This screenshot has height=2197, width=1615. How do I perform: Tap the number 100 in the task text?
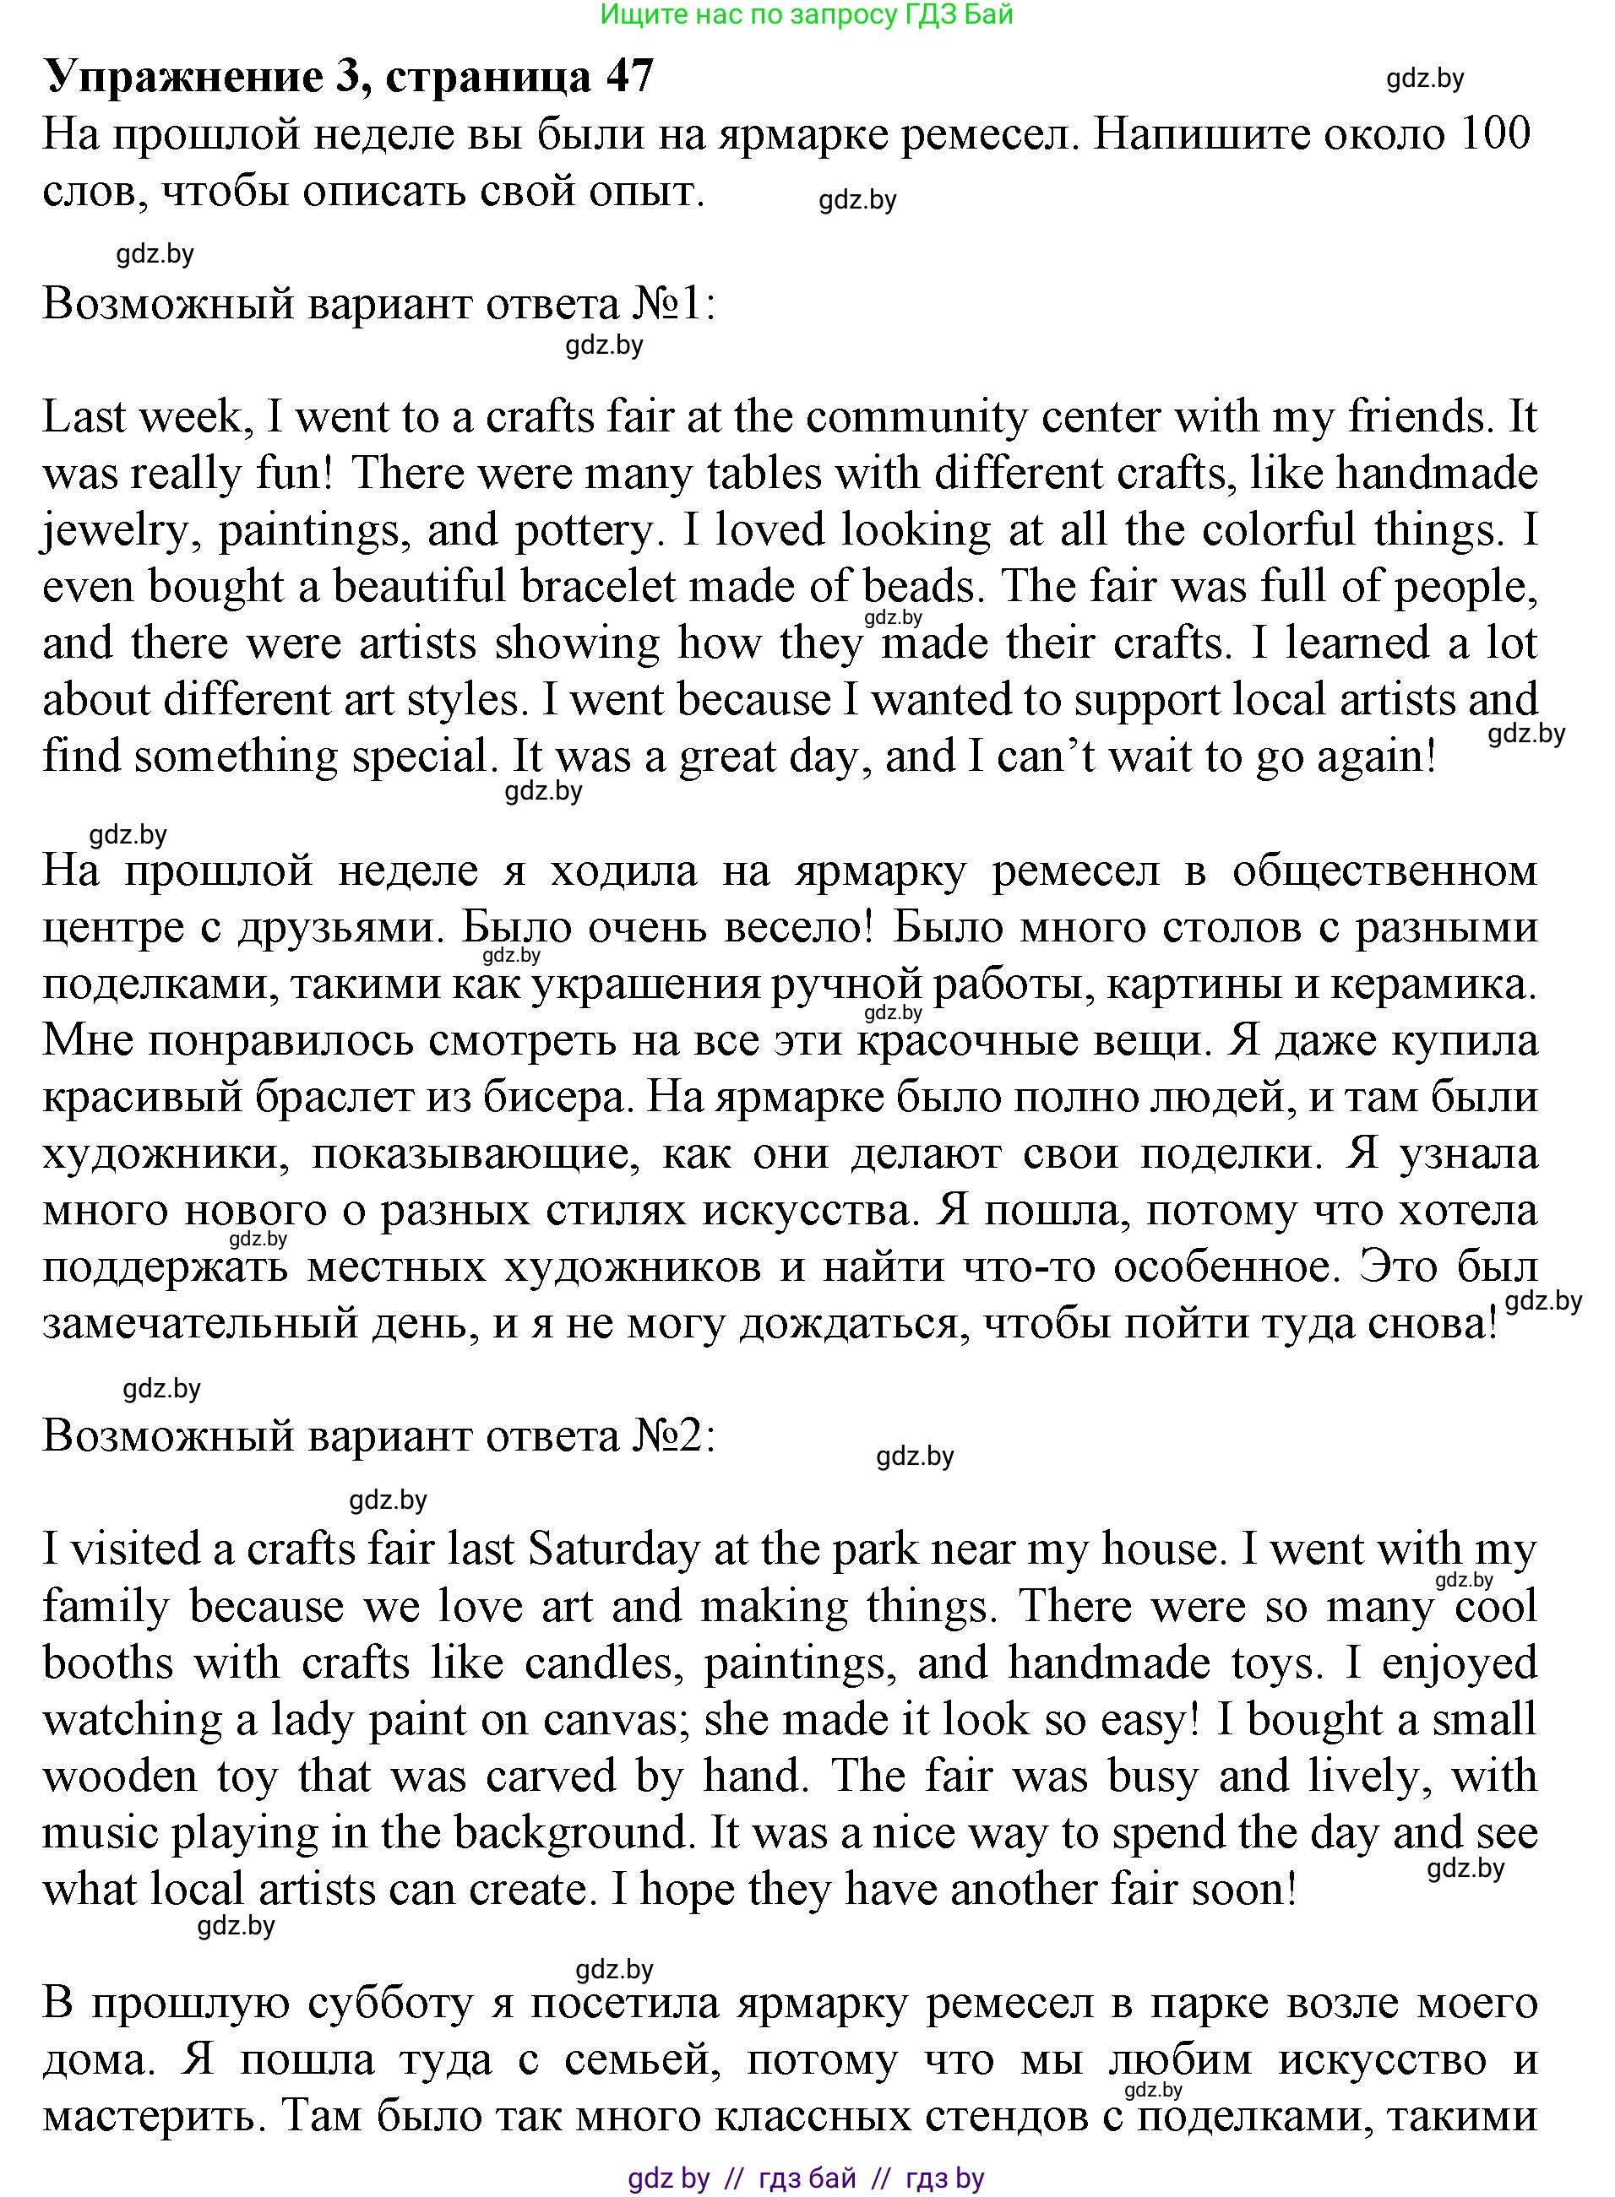[x=1493, y=134]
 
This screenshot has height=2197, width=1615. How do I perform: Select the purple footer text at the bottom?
[x=807, y=2178]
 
